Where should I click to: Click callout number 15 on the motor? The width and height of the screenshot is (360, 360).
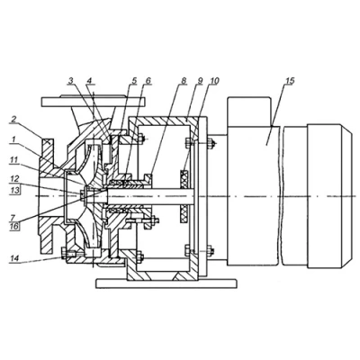pyautogui.click(x=290, y=81)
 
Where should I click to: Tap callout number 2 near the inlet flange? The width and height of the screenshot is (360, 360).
pyautogui.click(x=13, y=119)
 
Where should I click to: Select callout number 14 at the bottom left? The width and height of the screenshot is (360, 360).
pyautogui.click(x=13, y=258)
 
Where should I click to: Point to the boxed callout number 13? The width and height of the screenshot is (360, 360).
pyautogui.click(x=14, y=190)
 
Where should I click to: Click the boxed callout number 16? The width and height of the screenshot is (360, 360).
pyautogui.click(x=15, y=226)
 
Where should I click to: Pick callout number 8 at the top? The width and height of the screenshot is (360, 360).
pyautogui.click(x=184, y=81)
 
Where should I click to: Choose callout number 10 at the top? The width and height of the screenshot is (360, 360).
pyautogui.click(x=214, y=81)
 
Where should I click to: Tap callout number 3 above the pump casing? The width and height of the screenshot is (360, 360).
pyautogui.click(x=71, y=81)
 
